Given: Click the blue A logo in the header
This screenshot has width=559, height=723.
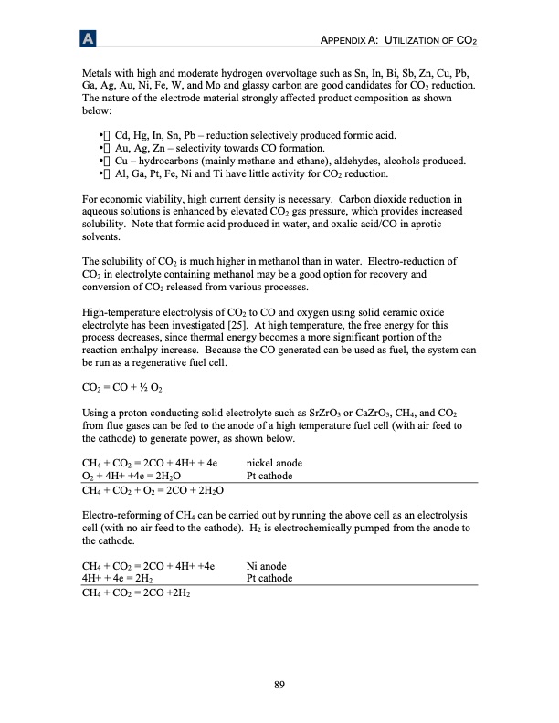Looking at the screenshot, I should pos(88,40).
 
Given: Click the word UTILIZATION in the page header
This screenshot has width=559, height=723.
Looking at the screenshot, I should pos(419,42).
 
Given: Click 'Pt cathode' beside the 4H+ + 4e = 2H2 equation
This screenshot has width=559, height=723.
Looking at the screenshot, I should pos(269,578).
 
